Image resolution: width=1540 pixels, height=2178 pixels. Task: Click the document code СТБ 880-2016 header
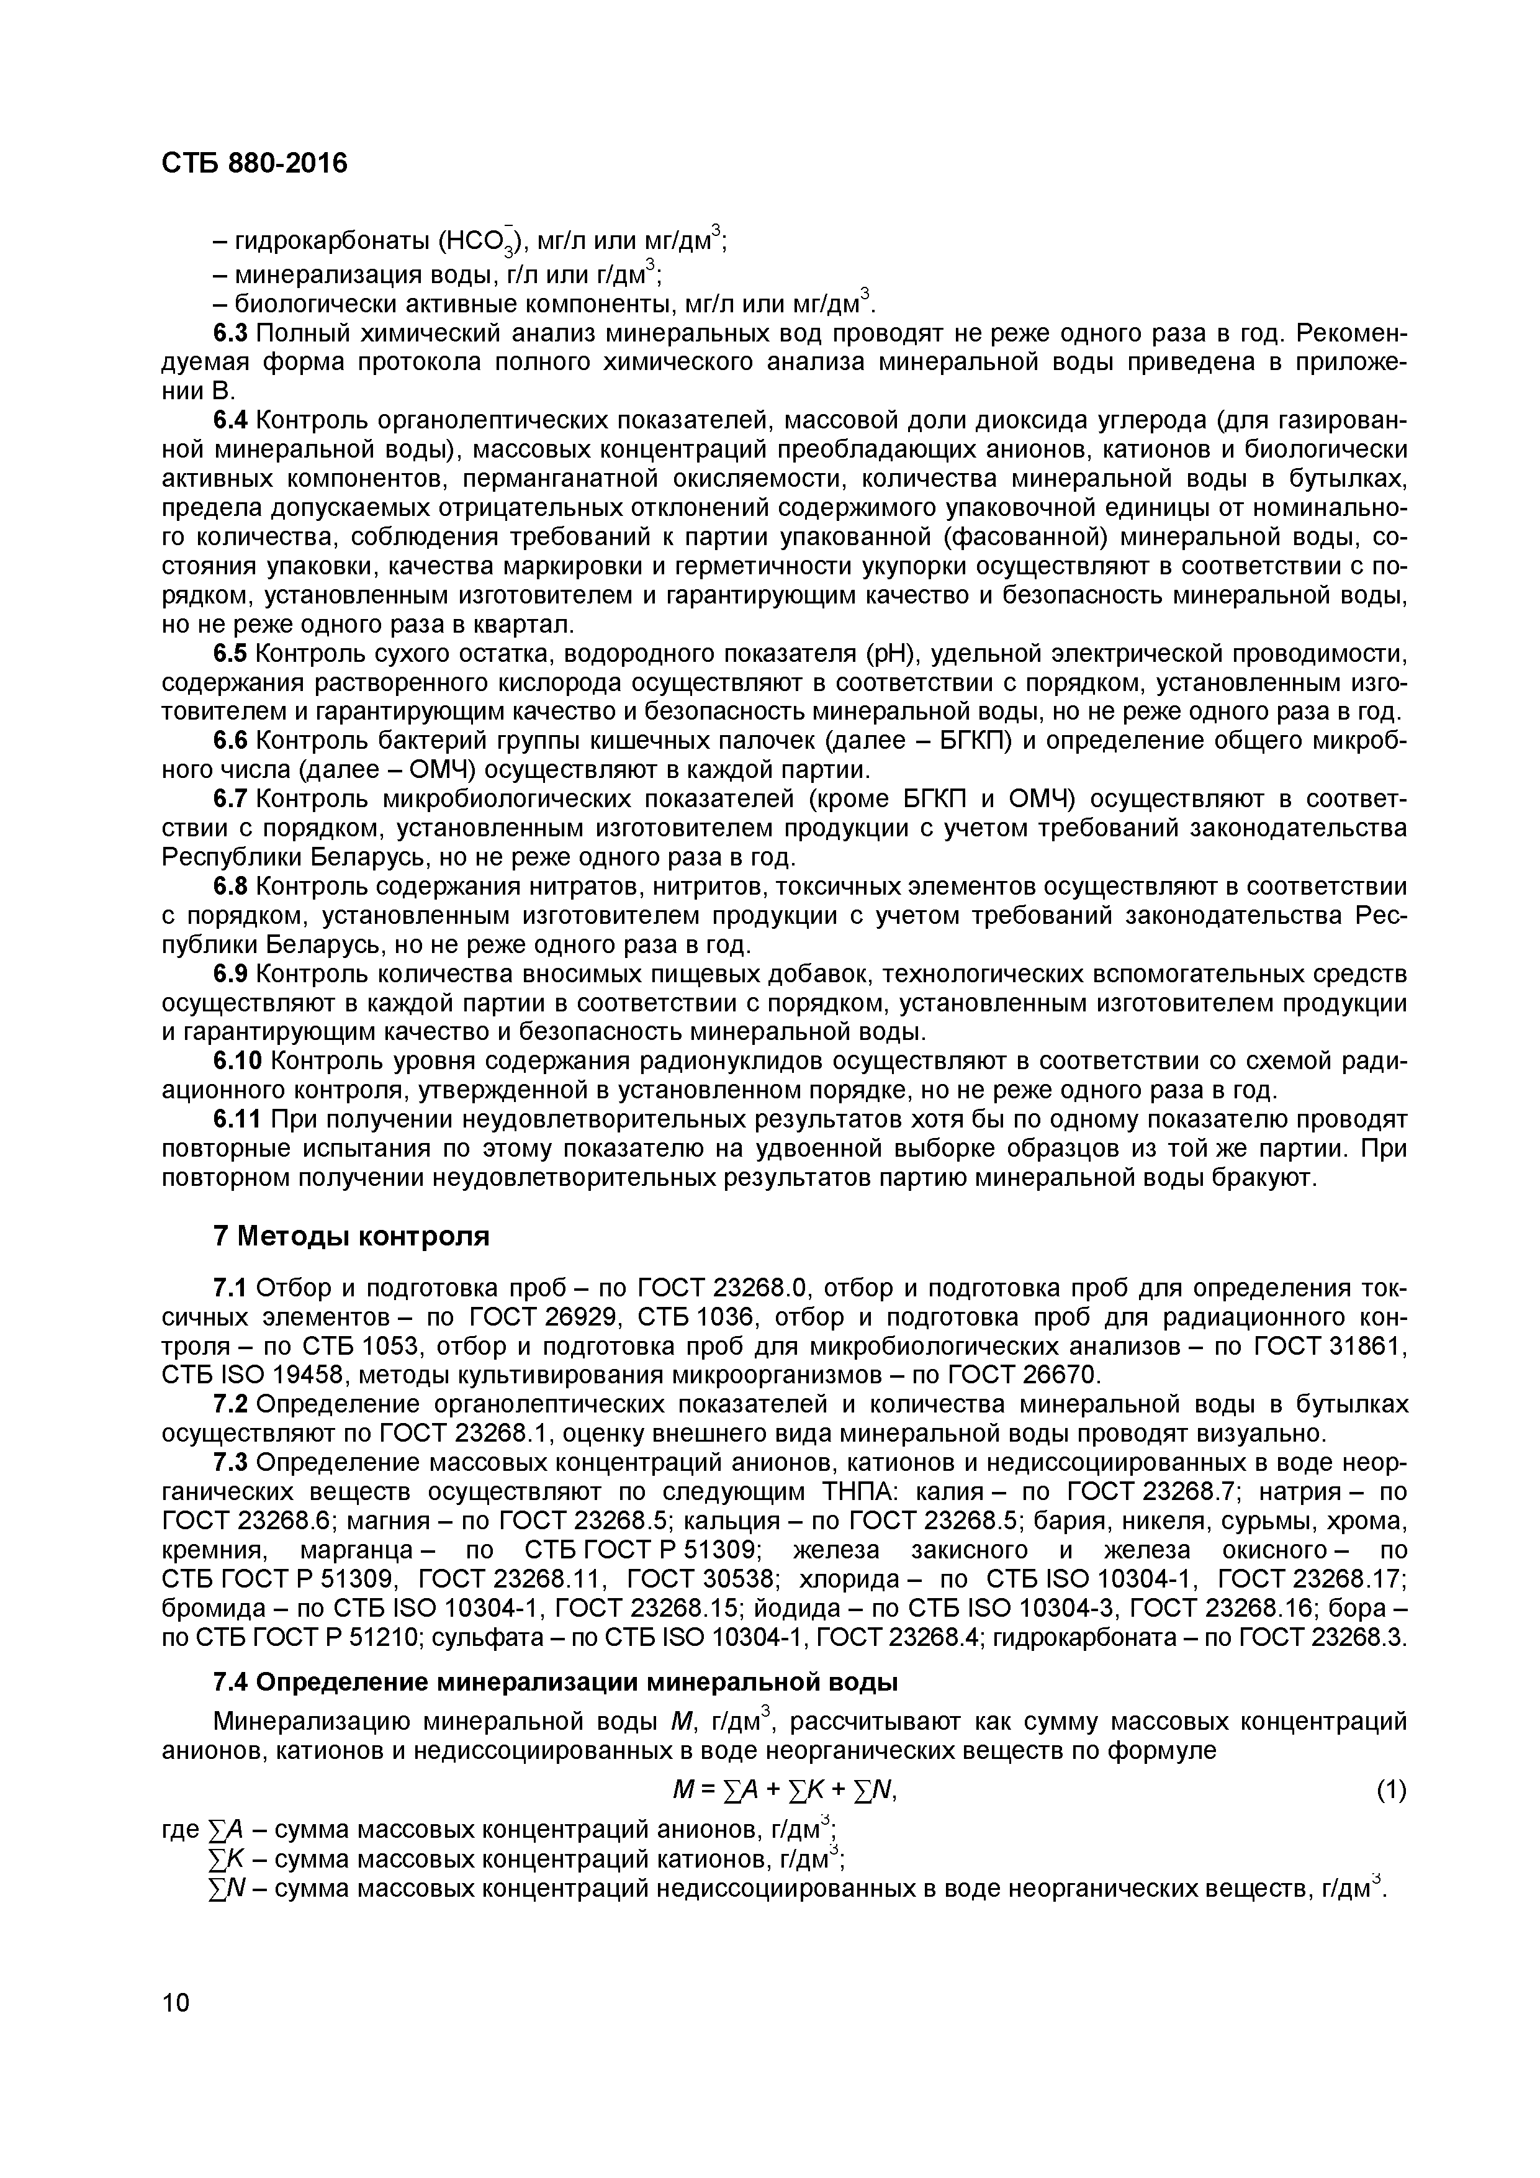[x=254, y=164]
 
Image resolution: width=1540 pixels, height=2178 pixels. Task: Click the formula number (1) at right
[x=1390, y=1790]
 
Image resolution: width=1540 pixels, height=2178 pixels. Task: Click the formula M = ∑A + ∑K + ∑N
[x=783, y=1790]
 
